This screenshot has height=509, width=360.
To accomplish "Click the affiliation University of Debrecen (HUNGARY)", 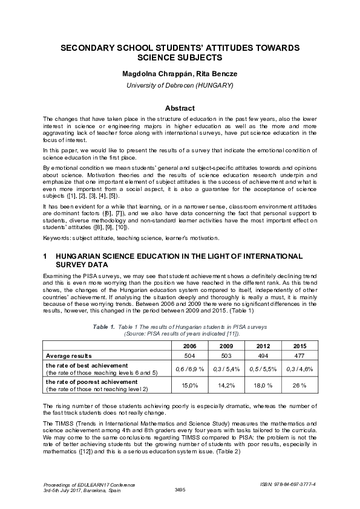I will pyautogui.click(x=180, y=85).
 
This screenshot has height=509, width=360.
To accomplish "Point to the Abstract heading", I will pyautogui.click(x=180, y=108).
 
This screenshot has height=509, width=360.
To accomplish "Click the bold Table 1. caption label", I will pyautogui.click(x=103, y=326).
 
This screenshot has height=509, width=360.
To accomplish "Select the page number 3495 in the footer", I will pyautogui.click(x=180, y=489).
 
